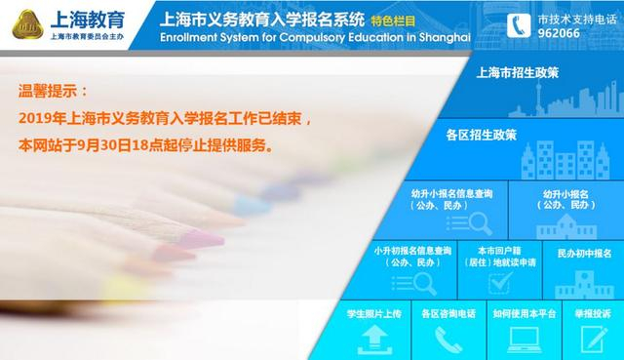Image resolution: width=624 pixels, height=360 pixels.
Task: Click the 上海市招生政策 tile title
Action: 517,73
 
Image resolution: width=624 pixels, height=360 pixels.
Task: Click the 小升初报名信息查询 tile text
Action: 412,257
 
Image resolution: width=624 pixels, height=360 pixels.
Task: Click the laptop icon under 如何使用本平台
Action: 525,338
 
